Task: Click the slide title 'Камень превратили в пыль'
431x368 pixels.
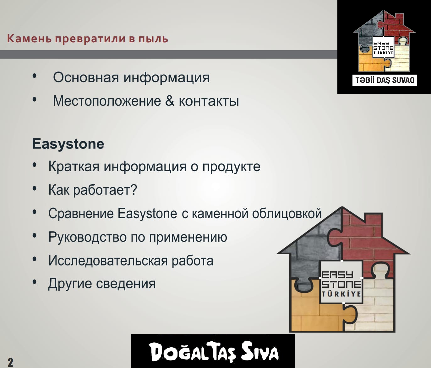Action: [87, 39]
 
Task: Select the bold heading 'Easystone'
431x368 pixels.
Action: [68, 144]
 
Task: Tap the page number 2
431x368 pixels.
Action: [10, 362]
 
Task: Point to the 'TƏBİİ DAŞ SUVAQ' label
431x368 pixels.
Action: [385, 80]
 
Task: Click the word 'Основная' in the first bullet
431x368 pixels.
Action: [86, 77]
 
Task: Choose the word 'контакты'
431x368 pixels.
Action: [209, 101]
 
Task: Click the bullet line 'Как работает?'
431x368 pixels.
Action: [92, 190]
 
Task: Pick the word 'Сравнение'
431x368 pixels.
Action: [81, 213]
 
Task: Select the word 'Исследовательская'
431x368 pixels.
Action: [107, 260]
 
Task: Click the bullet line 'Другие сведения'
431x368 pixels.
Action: [101, 284]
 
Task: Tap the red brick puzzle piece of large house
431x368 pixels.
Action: [368, 238]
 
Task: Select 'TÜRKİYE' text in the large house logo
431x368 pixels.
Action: [341, 294]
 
